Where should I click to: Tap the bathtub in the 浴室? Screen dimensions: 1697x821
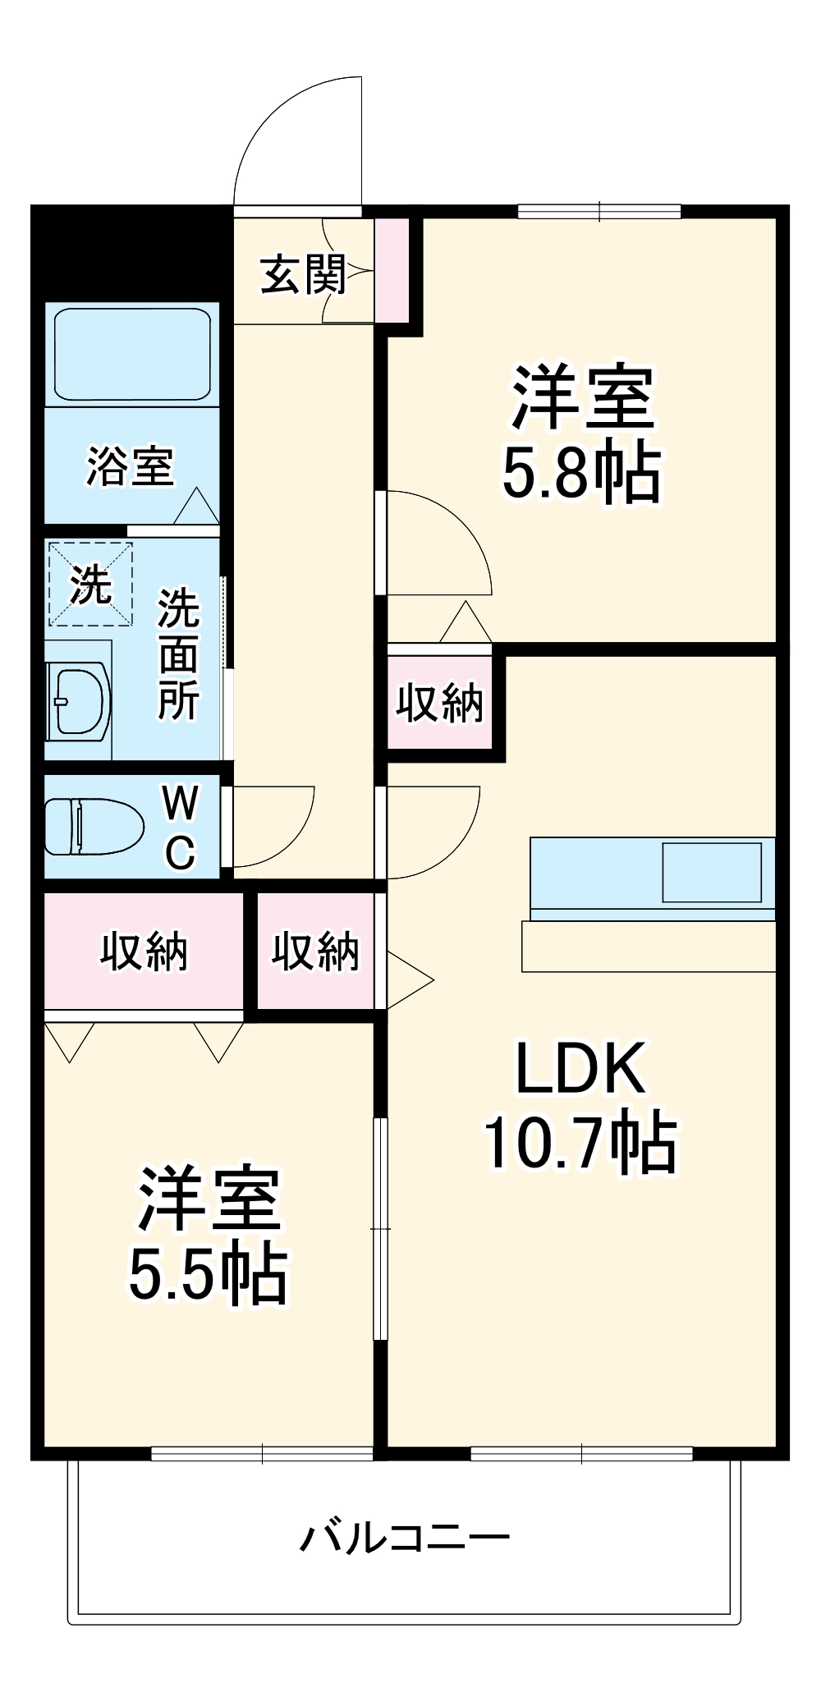[132, 354]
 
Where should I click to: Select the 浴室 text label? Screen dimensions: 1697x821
[131, 466]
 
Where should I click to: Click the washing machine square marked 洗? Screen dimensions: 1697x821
[89, 584]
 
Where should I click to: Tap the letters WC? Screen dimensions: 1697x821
[179, 828]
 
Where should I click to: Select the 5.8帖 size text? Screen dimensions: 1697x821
[581, 474]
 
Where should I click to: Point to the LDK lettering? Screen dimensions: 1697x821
[580, 1069]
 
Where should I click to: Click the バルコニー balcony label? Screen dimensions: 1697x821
[404, 1537]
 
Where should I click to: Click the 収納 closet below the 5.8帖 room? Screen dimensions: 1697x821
[439, 703]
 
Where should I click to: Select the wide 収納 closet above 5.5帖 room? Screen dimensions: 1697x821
[144, 952]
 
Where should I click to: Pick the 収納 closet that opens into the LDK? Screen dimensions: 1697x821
[315, 952]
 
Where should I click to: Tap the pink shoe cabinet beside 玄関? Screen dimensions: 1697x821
[391, 270]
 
